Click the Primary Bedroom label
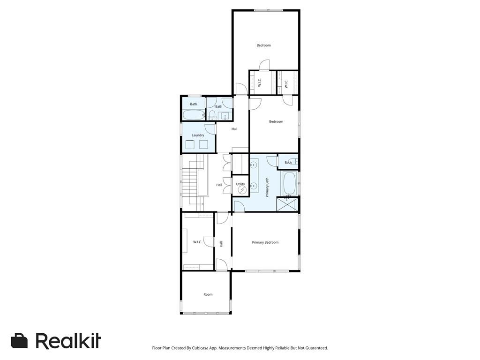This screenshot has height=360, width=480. point(265,242)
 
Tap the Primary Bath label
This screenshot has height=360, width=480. point(267,187)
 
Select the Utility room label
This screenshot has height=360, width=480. point(240,184)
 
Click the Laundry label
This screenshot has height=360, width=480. point(198,135)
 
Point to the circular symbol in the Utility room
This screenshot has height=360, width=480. point(242,190)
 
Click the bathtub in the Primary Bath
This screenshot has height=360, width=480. point(289,184)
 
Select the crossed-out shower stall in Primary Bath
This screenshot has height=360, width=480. point(287,204)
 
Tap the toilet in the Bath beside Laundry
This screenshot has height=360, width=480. point(212,115)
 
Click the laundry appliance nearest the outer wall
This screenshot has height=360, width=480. point(190,144)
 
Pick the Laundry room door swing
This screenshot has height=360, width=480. point(210,128)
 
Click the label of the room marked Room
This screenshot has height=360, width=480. point(208,294)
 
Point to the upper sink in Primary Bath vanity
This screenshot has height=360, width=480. point(254,165)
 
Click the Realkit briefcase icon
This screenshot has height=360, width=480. point(19,341)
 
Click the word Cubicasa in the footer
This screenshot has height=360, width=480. point(202,348)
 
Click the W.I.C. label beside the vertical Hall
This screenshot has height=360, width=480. point(197,242)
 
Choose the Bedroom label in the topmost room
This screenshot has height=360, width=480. point(263,45)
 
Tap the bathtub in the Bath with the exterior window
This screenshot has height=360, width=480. point(194,115)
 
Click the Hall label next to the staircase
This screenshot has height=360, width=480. point(219,185)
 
